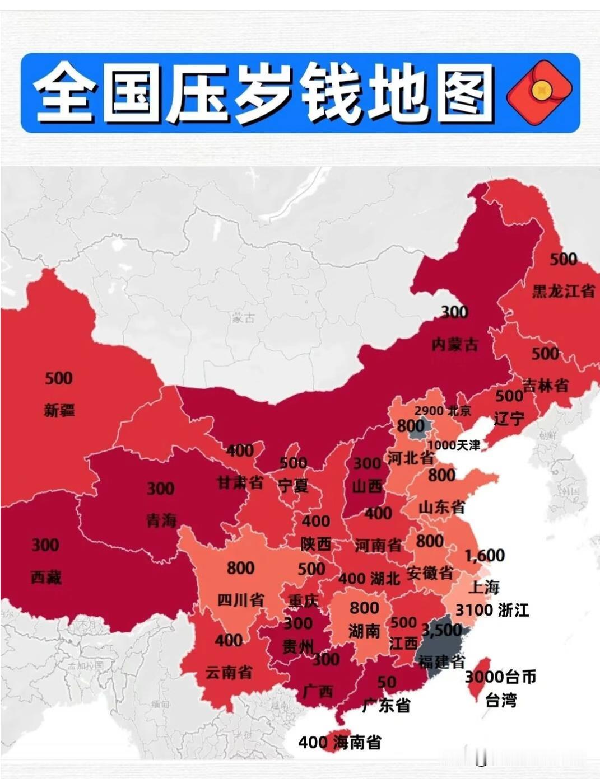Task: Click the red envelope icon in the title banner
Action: pos(539,93)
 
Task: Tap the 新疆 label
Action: pos(59,411)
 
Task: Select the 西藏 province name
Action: pos(46,577)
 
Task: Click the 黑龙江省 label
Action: pos(563,291)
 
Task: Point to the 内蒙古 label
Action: pos(455,344)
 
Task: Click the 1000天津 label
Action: pos(454,445)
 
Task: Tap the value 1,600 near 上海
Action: pos(485,555)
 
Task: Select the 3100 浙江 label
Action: pos(492,610)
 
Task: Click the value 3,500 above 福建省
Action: pos(442,630)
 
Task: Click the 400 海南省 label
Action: pos(339,743)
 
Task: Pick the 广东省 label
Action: pos(386,705)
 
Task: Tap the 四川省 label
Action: pos(240,600)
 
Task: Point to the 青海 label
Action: pos(161,521)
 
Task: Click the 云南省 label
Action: pos(229,672)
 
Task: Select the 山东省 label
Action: pos(441,507)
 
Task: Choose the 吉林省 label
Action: pos(545,386)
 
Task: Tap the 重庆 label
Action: pos(303,600)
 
